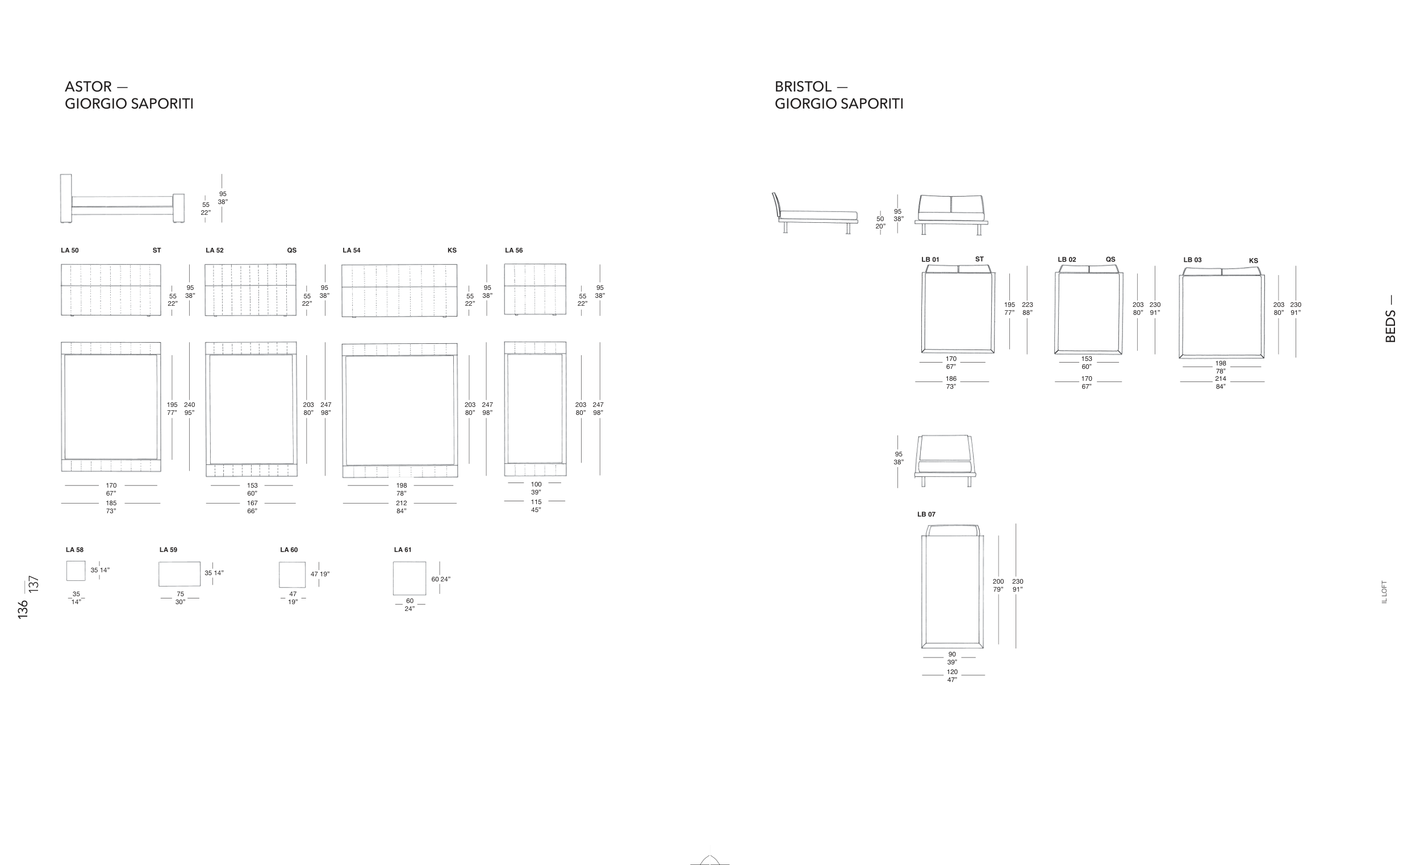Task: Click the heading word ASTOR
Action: (x=88, y=86)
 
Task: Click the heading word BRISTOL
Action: (x=803, y=86)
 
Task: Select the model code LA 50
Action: (x=70, y=250)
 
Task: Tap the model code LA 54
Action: (x=352, y=250)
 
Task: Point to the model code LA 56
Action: (x=514, y=250)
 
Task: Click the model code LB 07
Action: (x=926, y=514)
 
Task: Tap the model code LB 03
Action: (x=1192, y=260)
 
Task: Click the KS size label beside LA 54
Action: (x=452, y=250)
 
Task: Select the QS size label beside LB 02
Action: (x=1110, y=260)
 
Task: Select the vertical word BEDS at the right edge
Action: (x=1390, y=326)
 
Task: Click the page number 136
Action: (x=23, y=610)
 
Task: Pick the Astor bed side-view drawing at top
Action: (x=122, y=198)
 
